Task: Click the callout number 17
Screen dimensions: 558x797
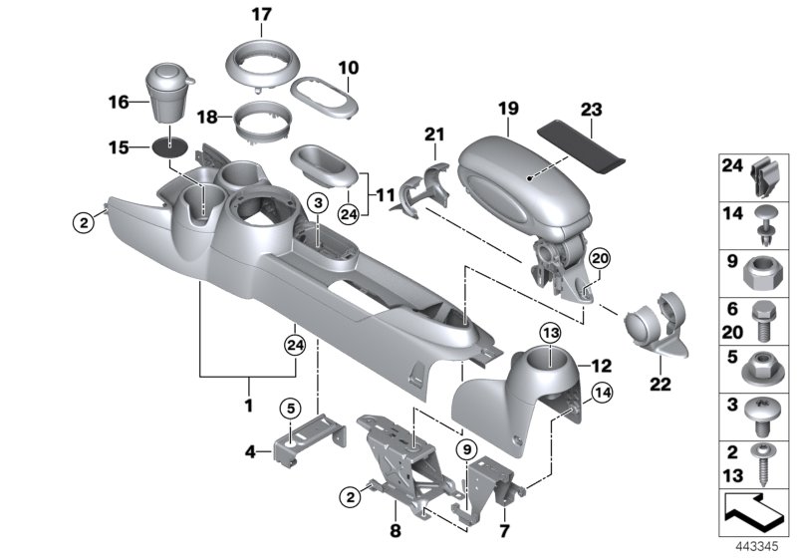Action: [261, 16]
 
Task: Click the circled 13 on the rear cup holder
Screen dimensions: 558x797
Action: [550, 332]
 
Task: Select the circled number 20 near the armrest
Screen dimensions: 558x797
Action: [598, 259]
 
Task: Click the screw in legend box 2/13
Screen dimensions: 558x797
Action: [765, 458]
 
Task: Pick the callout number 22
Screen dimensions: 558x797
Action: [661, 382]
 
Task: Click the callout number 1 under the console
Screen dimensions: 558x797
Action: [249, 407]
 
